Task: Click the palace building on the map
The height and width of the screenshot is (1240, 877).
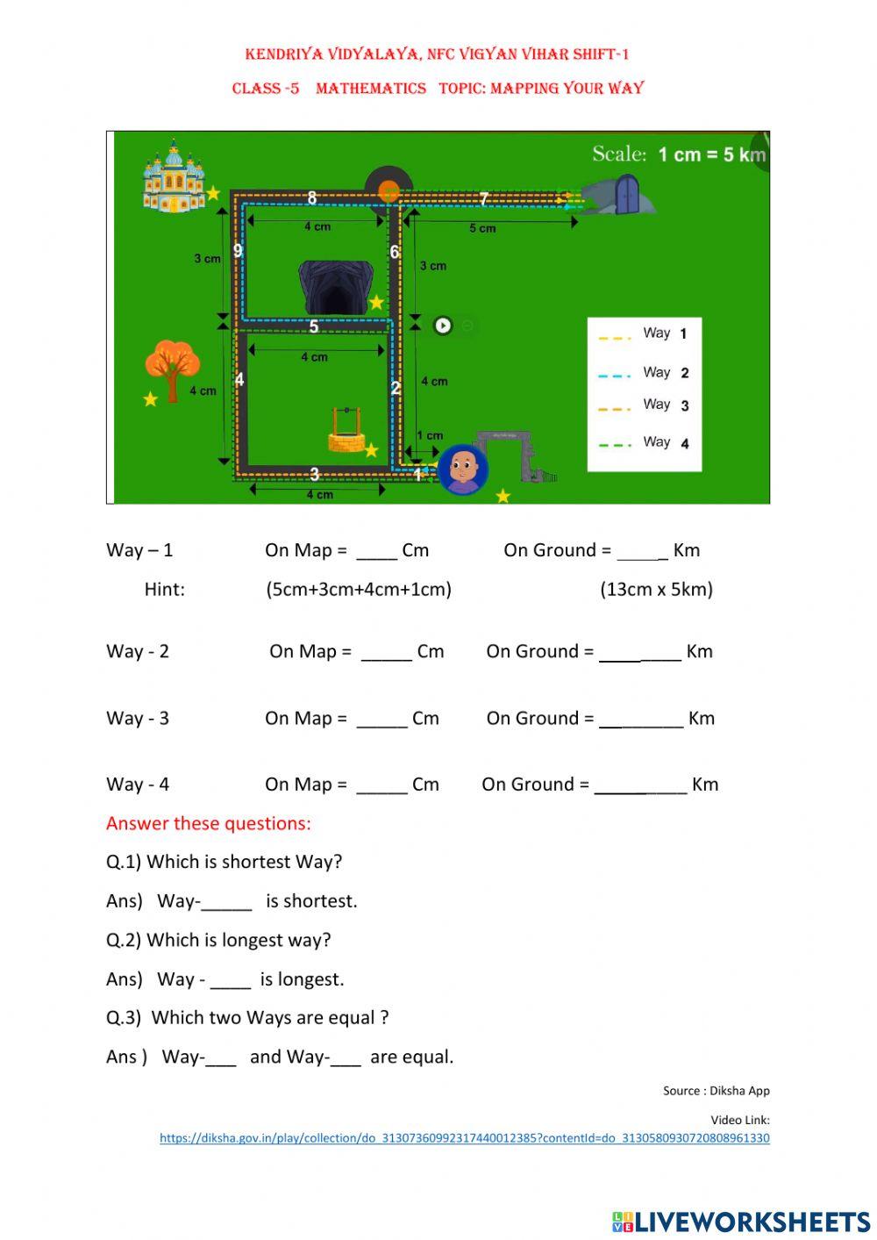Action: [x=173, y=176]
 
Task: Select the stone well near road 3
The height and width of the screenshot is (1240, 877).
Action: [x=346, y=430]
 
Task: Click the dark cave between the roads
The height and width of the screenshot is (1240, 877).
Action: [x=333, y=287]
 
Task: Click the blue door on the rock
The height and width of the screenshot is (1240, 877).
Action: [x=626, y=194]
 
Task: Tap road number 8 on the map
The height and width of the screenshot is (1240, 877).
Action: [x=312, y=197]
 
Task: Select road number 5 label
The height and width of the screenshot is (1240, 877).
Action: [x=314, y=326]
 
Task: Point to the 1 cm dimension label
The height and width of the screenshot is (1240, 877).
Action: [x=430, y=435]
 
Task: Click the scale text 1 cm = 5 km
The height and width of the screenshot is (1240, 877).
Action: [x=711, y=154]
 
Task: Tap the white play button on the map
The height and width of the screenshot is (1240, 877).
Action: [x=443, y=326]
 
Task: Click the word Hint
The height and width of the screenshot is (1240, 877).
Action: [x=164, y=589]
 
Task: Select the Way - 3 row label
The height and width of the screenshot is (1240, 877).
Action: [x=137, y=718]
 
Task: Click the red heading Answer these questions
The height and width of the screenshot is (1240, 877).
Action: [x=209, y=823]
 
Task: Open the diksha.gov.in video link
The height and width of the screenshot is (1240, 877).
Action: [x=464, y=1138]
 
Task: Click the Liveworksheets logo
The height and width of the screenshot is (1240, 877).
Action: [x=741, y=1222]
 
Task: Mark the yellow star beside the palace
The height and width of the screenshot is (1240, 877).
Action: [x=213, y=193]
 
